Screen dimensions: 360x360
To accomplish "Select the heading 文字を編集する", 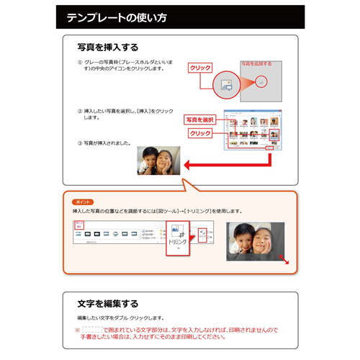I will (108, 304).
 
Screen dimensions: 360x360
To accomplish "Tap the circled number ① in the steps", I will (80, 63).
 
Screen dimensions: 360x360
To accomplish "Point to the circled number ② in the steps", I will (80, 112).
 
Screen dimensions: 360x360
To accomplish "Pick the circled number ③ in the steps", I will (80, 143).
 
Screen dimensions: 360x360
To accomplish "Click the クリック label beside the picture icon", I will (199, 67).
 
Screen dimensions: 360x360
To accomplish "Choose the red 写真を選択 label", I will (201, 119).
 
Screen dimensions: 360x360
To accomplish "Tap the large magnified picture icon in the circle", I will (226, 84).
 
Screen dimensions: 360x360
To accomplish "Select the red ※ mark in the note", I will (77, 329).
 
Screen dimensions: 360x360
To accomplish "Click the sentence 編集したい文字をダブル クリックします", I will (120, 318).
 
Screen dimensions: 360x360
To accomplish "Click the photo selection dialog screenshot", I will (252, 130).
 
